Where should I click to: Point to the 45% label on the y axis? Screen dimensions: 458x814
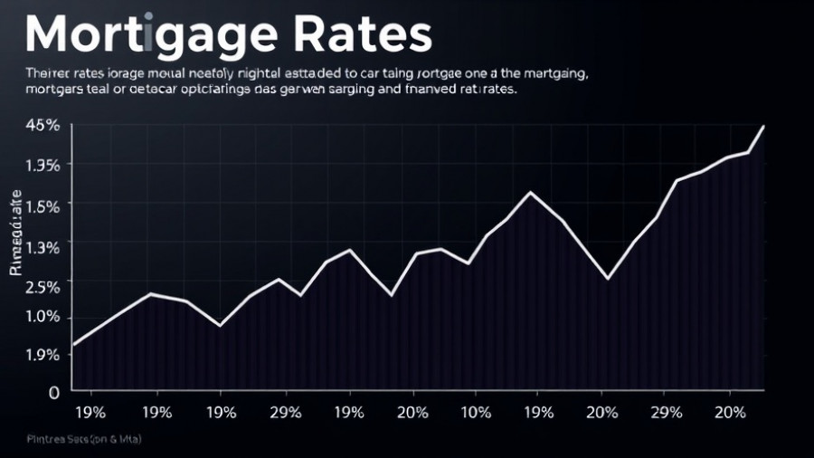tap(43, 126)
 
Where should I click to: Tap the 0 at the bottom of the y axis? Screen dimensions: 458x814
tap(53, 393)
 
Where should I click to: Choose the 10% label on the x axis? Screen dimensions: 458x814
tap(476, 412)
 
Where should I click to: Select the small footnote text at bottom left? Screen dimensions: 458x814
tap(79, 438)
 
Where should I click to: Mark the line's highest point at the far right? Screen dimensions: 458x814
tap(764, 127)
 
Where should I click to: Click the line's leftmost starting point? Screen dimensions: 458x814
tap(73, 345)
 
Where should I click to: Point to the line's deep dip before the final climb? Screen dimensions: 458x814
tap(608, 279)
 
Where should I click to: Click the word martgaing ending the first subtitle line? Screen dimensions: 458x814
tap(557, 72)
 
